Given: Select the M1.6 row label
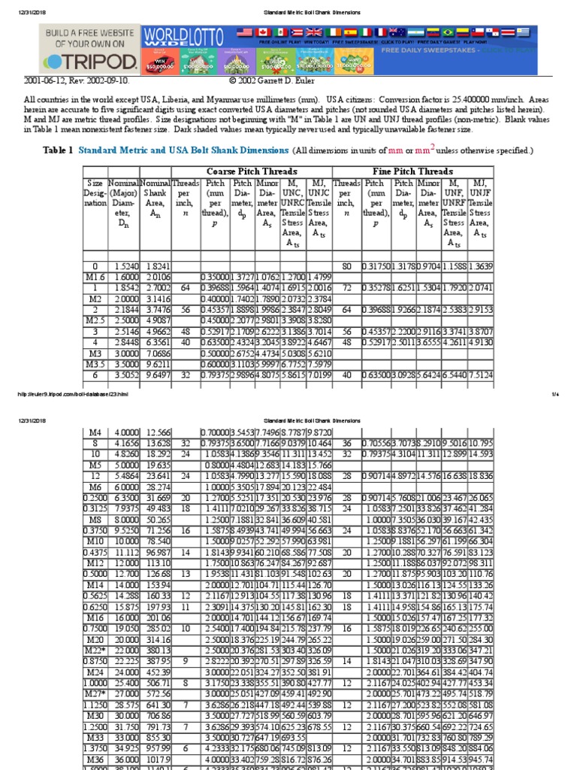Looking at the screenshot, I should tap(95, 277).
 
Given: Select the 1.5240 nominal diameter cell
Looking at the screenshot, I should tap(123, 266).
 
